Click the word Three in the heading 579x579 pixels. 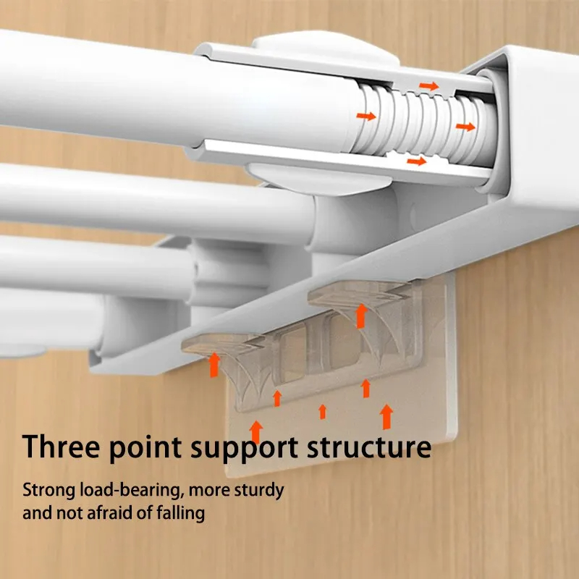click(61, 446)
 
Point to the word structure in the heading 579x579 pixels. click(369, 447)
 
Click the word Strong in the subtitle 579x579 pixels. click(48, 491)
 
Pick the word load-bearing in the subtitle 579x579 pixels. click(132, 491)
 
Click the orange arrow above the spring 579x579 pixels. click(428, 86)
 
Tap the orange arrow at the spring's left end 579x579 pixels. click(366, 117)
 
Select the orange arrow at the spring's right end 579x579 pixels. click(465, 127)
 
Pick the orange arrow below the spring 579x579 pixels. click(417, 161)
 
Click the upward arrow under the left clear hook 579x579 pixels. click(214, 365)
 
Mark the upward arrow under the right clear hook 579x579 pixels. click(361, 316)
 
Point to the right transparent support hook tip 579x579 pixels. click(311, 298)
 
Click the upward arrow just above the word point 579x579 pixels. click(256, 432)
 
